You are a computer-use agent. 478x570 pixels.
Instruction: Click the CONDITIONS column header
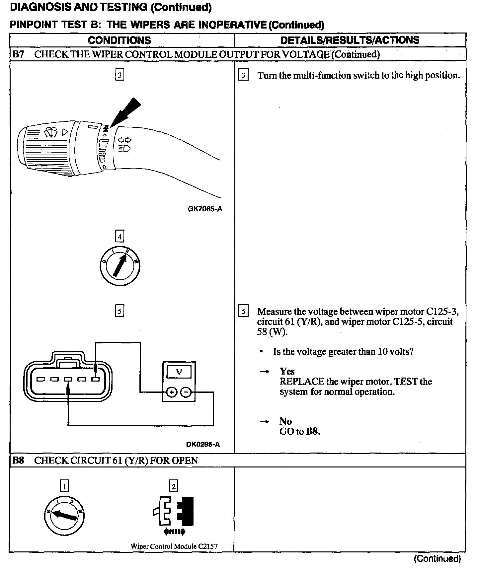[x=119, y=40]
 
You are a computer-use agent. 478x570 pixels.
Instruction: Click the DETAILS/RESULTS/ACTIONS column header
[x=350, y=40]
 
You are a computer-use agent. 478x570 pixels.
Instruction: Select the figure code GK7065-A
[x=204, y=209]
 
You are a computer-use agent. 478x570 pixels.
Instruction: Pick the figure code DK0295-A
[x=203, y=444]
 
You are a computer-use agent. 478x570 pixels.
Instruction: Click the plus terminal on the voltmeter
[x=172, y=392]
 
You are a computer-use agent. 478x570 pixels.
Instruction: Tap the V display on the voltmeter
[x=179, y=372]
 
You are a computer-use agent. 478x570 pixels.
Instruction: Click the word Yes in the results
[x=287, y=371]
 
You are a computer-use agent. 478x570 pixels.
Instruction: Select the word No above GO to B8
[x=285, y=421]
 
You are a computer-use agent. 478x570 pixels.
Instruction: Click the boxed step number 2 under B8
[x=173, y=486]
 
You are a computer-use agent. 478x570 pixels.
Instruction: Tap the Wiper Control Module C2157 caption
[x=174, y=546]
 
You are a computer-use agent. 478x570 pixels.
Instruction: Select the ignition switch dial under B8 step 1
[x=64, y=515]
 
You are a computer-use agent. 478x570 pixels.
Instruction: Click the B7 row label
[x=18, y=54]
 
